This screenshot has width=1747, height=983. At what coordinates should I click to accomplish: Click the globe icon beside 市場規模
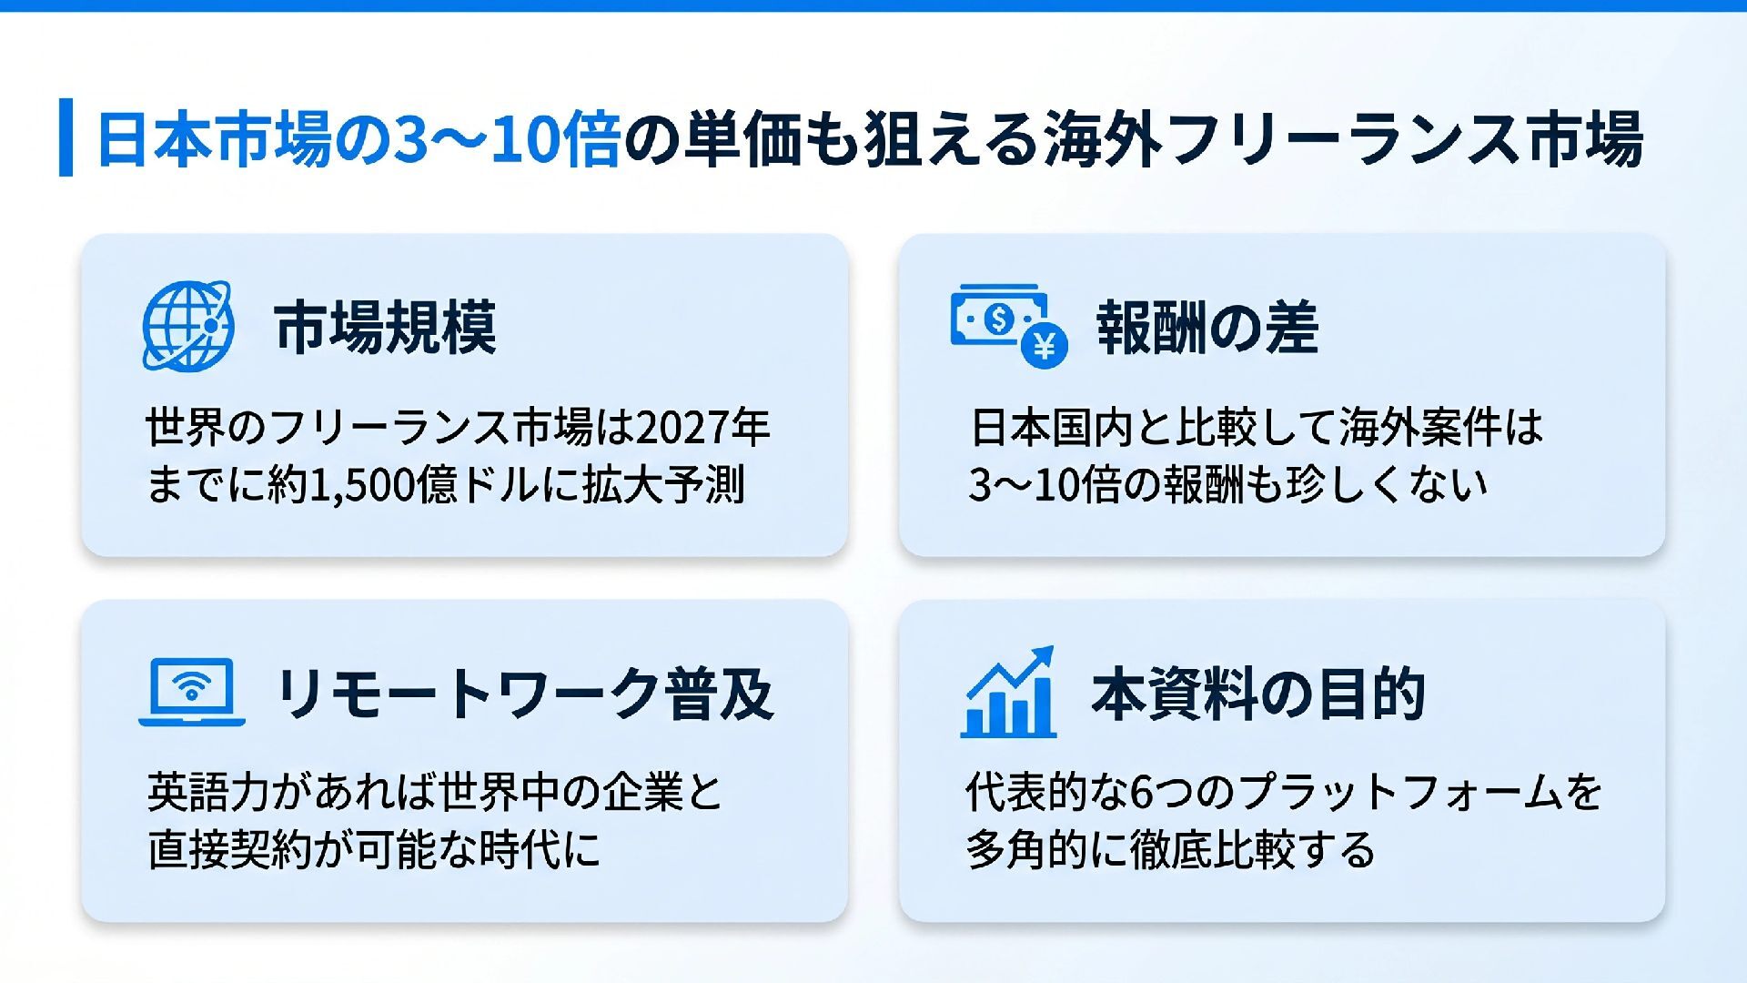coord(187,326)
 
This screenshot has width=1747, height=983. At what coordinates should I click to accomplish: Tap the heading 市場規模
coord(385,328)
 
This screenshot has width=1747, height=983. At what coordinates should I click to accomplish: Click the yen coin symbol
coord(1044,345)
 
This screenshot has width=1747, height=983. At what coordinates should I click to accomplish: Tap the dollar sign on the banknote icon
coord(999,319)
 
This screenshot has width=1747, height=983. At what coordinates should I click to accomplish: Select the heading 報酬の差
coord(1207,328)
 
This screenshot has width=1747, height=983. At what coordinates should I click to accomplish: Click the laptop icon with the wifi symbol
coord(192,692)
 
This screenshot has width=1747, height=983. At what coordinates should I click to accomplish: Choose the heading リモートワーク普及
coord(524,694)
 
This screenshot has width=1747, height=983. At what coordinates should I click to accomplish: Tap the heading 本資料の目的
coord(1257,694)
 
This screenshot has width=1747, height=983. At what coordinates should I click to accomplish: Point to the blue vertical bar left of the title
coord(66,137)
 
